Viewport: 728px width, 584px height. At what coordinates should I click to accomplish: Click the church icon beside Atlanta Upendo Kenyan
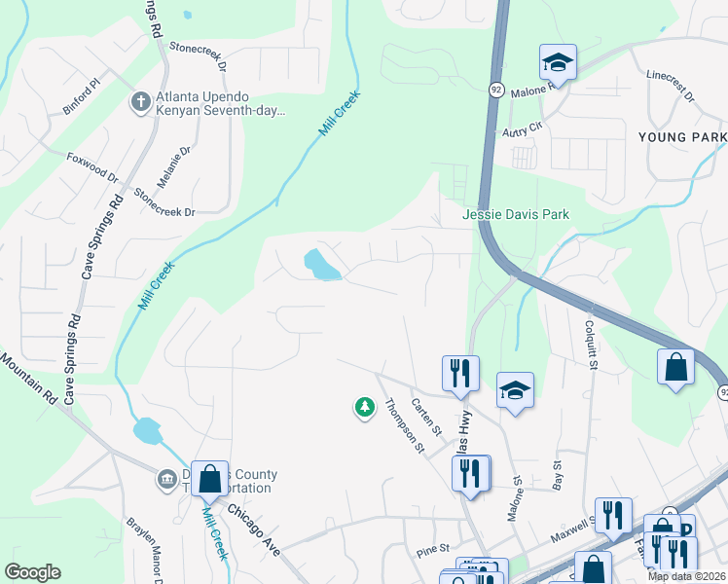[141, 101]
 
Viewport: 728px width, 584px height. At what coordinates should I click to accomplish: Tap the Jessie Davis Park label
[515, 214]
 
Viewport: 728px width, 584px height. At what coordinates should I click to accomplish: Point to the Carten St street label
[426, 416]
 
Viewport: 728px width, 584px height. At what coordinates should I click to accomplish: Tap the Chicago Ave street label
[254, 529]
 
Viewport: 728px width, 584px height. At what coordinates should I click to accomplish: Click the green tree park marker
[365, 407]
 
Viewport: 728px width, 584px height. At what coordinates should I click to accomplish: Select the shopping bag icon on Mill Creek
[209, 478]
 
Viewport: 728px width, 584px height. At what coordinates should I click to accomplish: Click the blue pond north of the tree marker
[321, 264]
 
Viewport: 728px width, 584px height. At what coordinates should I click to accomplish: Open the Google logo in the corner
[32, 572]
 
